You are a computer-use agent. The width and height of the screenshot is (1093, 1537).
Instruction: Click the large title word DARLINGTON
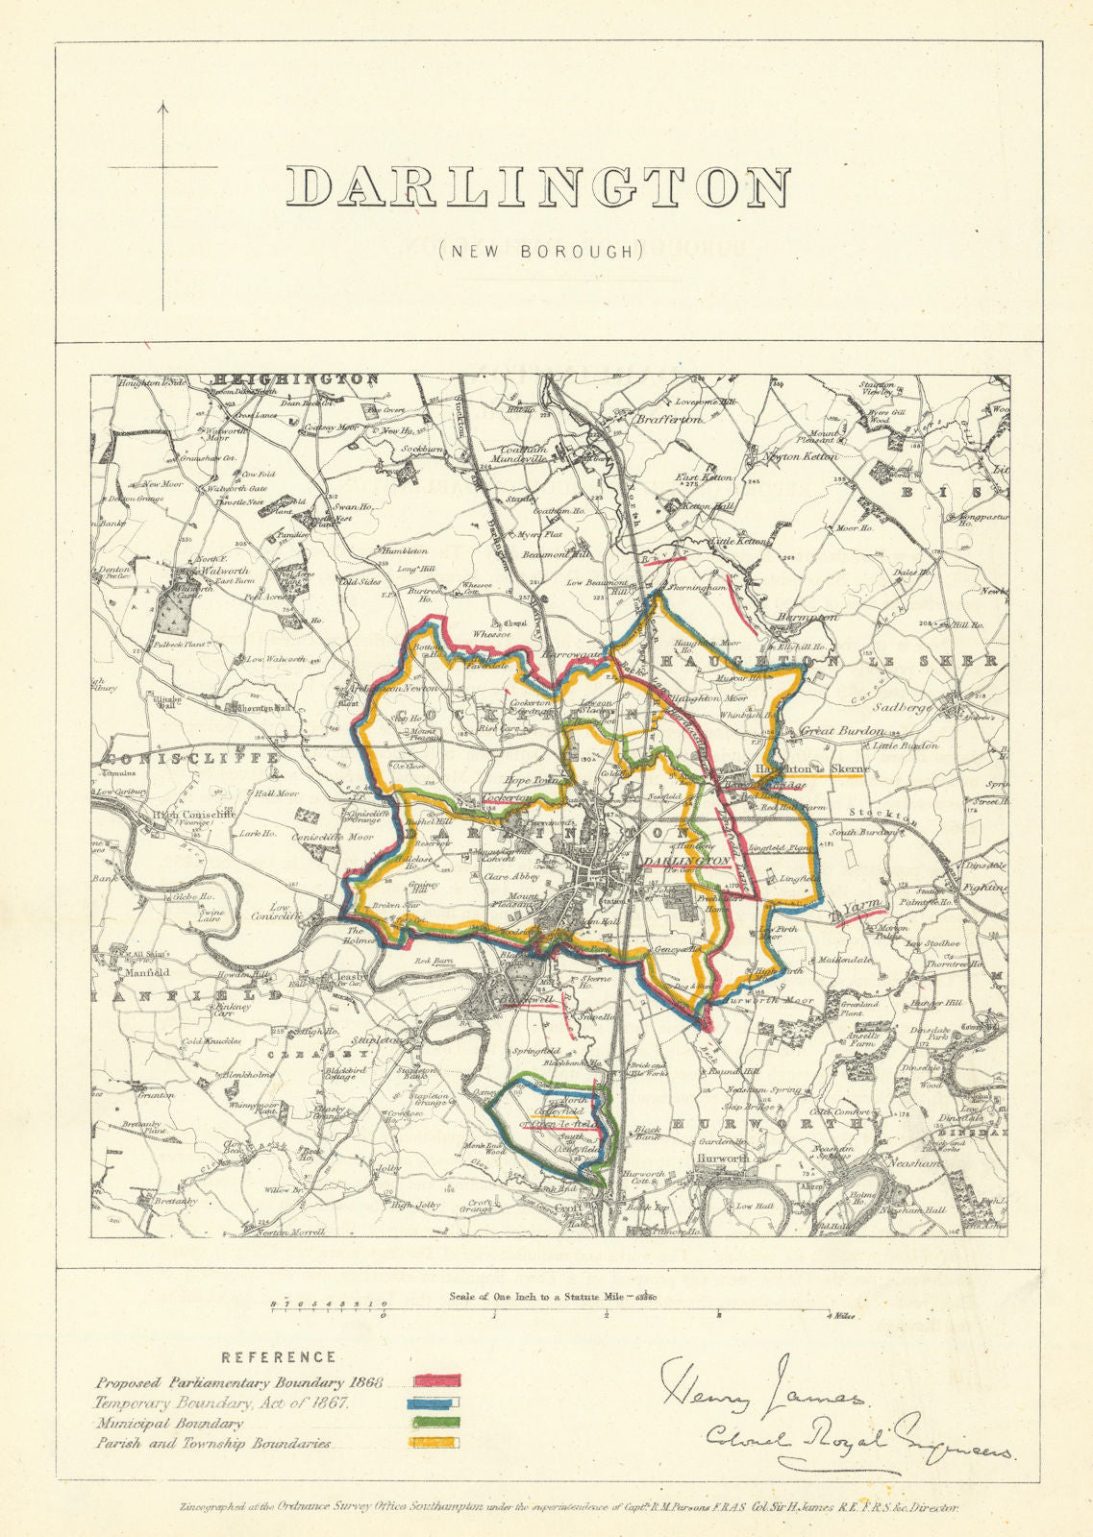[x=539, y=188]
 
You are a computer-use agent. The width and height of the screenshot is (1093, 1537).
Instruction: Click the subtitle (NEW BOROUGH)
[x=539, y=251]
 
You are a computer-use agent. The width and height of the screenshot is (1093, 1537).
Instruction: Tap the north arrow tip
[x=162, y=104]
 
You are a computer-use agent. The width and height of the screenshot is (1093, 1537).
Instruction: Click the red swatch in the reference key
[x=437, y=1382]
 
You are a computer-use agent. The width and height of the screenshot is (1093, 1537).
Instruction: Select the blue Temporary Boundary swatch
[x=437, y=1403]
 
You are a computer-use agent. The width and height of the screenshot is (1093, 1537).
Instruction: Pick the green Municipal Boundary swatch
[x=437, y=1423]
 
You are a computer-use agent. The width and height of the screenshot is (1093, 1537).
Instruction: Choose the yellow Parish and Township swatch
[x=437, y=1443]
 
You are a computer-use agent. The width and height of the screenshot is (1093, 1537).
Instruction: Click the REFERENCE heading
[x=279, y=1357]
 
